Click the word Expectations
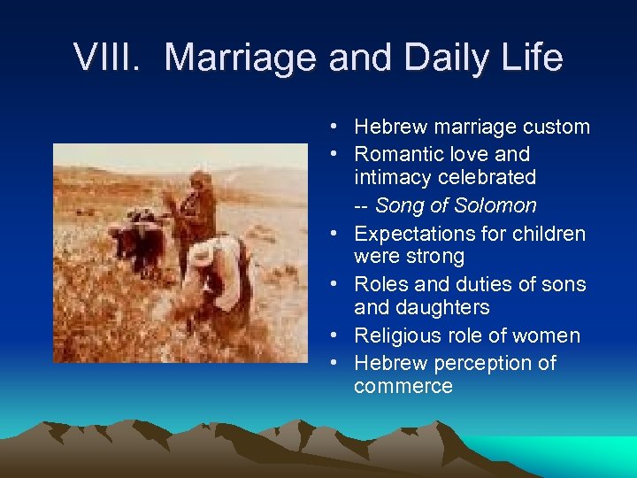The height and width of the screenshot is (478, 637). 417,234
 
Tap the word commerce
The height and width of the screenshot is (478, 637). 403,386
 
